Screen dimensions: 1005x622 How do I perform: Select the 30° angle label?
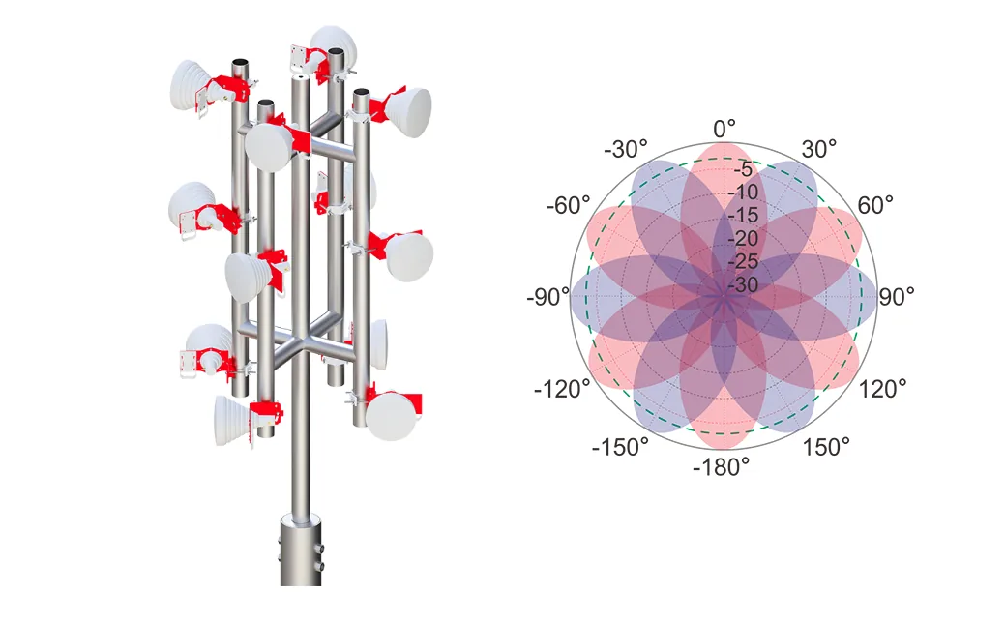tap(819, 149)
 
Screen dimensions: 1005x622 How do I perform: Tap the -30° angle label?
tap(626, 149)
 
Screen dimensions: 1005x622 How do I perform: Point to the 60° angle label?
tap(875, 205)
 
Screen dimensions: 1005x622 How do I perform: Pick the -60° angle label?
tap(569, 206)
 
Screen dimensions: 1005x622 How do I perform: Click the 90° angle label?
tap(896, 297)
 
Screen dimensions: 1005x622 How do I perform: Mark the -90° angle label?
tap(548, 297)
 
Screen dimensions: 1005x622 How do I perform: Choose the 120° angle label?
tap(882, 389)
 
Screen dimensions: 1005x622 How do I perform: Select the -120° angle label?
tap(562, 389)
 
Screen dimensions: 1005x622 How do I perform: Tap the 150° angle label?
tap(827, 446)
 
